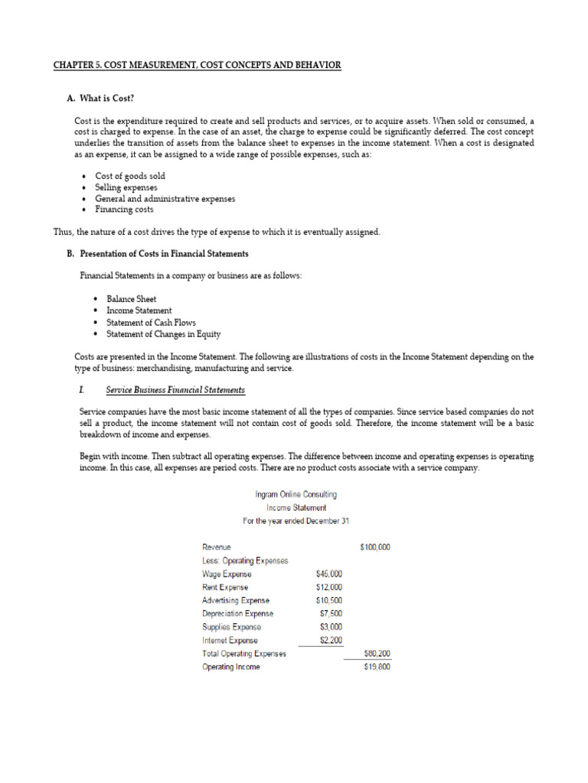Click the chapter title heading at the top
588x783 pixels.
coord(198,66)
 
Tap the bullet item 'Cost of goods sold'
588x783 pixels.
coord(130,176)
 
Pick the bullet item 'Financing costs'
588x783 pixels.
coord(124,209)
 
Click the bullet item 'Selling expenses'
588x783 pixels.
coord(126,187)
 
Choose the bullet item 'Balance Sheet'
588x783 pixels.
coord(131,299)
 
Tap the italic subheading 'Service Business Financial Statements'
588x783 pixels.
coord(175,390)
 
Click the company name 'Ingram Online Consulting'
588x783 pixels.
coord(296,495)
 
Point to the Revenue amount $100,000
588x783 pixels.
coord(374,547)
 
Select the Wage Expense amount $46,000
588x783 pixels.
coord(328,573)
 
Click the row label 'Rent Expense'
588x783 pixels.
coord(225,587)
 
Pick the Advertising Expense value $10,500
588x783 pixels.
coord(328,600)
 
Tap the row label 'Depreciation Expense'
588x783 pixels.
coord(237,613)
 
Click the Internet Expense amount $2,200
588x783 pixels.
coord(331,640)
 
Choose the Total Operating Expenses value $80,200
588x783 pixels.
coord(377,654)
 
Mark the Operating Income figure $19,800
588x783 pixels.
coord(377,667)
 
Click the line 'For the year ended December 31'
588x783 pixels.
coord(296,521)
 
